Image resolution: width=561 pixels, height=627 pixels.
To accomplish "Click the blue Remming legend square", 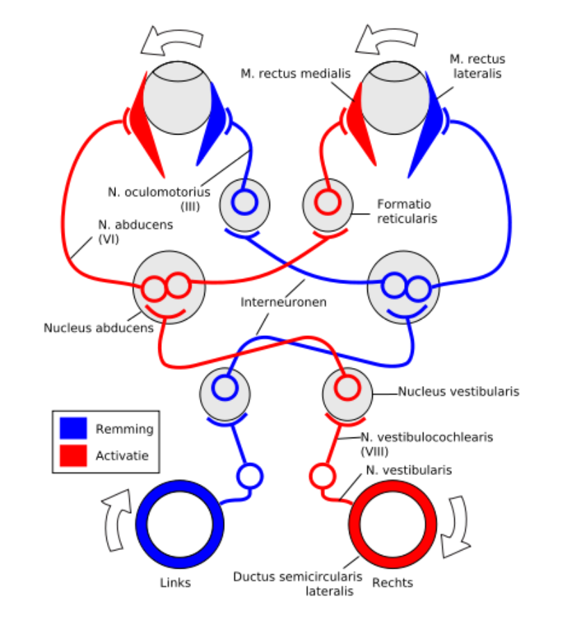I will pos(74,428).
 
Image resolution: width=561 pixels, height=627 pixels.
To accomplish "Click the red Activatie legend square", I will pos(74,455).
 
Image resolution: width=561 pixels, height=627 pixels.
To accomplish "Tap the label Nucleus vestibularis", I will pos(458,392).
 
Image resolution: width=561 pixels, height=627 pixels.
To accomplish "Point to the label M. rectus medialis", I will pos(296,73).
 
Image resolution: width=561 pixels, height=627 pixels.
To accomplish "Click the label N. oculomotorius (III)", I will pos(159,198).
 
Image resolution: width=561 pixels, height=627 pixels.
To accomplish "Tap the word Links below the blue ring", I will pos(175,583).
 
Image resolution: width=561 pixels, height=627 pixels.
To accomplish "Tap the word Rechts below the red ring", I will pos(392,583).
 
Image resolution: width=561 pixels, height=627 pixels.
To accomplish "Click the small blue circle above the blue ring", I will pos(250,476).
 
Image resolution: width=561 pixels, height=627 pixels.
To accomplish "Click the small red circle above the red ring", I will pos(321,476).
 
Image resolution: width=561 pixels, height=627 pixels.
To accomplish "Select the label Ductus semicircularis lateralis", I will pos(298,584).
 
